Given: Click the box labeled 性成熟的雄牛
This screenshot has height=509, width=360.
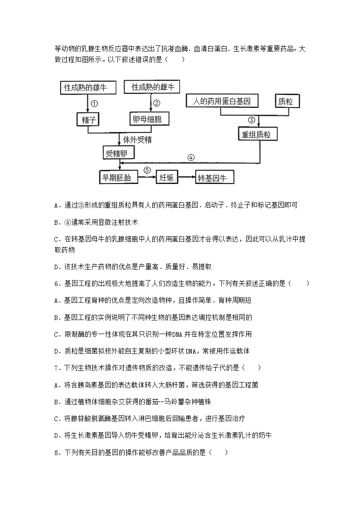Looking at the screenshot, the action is (88, 87).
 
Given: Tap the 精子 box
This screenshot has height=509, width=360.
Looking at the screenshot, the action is (88, 119).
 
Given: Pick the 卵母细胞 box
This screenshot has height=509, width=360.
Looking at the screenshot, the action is (149, 119).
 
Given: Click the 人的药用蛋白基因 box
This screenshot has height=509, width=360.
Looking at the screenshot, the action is (222, 101).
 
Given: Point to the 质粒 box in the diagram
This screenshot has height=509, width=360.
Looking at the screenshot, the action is (286, 101).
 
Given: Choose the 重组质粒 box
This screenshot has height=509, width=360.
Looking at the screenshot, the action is (258, 135).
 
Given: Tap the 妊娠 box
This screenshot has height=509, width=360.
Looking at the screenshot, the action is (167, 178).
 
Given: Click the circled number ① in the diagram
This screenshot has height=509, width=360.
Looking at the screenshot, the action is (94, 103).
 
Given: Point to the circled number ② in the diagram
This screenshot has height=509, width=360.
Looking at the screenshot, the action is (156, 103).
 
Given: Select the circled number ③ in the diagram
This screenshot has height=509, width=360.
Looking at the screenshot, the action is (252, 120).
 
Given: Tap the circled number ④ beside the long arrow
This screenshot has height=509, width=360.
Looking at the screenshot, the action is (191, 157).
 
